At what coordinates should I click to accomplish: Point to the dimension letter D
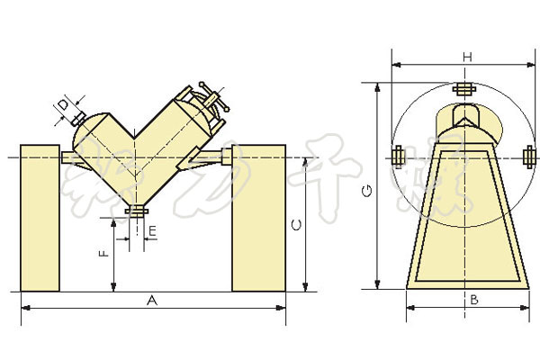63,107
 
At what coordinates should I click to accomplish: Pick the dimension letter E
153,232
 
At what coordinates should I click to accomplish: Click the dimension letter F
104,254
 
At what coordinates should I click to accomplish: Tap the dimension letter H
467,57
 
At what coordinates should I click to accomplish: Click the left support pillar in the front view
40,217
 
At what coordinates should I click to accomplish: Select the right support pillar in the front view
259,217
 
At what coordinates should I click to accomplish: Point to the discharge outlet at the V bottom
138,211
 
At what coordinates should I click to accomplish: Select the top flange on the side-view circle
464,89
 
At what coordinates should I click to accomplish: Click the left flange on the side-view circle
398,157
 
